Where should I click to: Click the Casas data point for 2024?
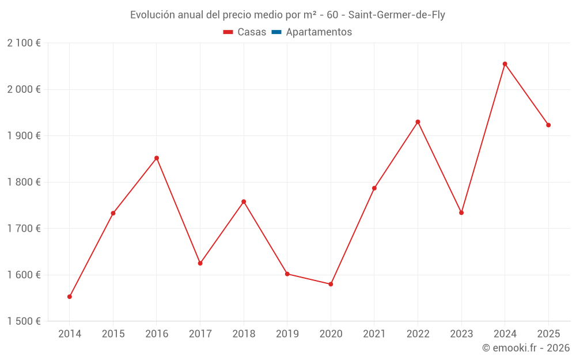click(505, 64)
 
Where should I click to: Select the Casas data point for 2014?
click(70, 297)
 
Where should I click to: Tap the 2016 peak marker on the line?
click(157, 158)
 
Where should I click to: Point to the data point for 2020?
click(331, 284)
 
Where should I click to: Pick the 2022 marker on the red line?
click(418, 122)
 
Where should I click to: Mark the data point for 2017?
click(200, 263)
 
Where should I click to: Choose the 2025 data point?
click(548, 125)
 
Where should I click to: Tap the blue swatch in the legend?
click(276, 32)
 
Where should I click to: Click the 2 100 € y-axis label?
click(24, 43)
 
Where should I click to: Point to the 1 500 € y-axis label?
click(24, 321)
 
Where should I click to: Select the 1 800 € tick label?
click(24, 182)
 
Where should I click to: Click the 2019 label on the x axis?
click(287, 334)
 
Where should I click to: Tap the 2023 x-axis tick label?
click(461, 334)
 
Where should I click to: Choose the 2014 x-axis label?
click(70, 334)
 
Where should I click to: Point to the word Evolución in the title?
click(151, 15)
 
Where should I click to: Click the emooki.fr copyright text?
click(525, 348)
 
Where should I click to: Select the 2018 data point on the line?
click(244, 202)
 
